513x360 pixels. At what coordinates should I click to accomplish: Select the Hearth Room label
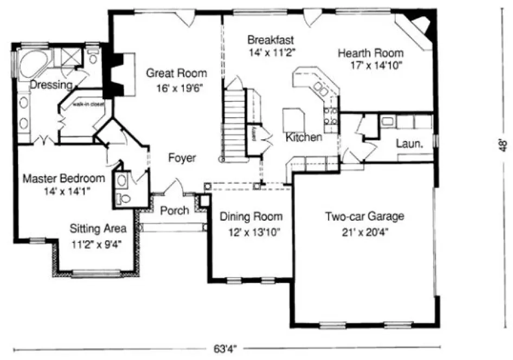(371, 53)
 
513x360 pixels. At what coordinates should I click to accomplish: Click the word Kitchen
(304, 138)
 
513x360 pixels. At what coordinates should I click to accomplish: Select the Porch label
(175, 210)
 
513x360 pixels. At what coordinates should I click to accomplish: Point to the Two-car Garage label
(364, 217)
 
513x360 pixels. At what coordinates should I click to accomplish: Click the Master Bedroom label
(63, 178)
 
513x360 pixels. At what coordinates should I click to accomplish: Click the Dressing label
(51, 85)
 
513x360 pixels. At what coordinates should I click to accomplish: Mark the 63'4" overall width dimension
(227, 348)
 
